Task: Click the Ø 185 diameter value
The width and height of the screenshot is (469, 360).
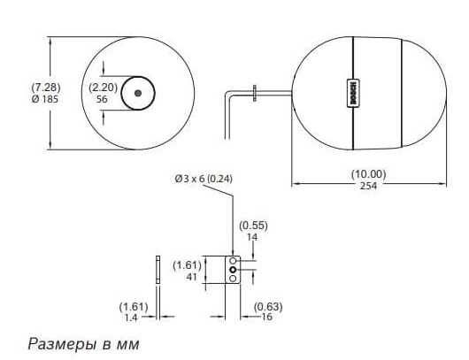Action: pos(45,99)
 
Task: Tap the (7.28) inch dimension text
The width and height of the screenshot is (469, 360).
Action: pos(46,88)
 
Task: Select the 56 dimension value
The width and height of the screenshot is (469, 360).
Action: pos(102,99)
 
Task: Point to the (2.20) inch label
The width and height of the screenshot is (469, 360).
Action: pos(104,88)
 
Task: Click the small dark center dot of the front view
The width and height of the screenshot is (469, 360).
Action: pos(138,93)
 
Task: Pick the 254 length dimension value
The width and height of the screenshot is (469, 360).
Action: pos(368,186)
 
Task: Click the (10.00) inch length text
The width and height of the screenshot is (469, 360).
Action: pos(368,174)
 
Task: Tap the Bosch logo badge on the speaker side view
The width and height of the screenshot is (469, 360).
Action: pos(353,93)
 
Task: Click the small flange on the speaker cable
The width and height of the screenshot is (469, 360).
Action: pos(255,93)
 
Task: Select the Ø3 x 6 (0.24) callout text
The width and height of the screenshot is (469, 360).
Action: pos(204,179)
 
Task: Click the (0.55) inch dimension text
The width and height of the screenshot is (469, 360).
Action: pos(253,226)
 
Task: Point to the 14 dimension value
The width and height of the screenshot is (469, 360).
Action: pos(252,237)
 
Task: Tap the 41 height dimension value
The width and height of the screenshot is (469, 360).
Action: pos(191,277)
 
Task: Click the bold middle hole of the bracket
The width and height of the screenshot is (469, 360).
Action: pos(233,270)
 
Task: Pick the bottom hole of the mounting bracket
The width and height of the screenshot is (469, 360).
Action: pos(233,279)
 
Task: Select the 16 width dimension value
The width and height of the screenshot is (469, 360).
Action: pos(267,317)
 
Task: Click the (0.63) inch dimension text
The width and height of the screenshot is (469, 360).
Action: pos(268,307)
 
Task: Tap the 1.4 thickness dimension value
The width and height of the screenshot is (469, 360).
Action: pos(131,318)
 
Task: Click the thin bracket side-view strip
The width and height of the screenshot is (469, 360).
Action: pos(158,270)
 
